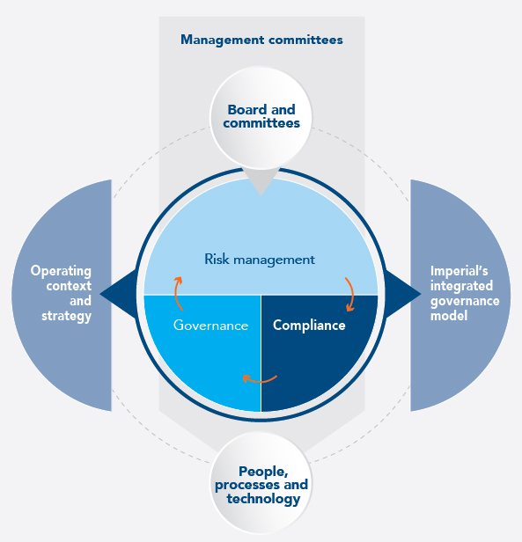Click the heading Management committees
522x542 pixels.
(x=261, y=40)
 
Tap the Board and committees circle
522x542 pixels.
(x=261, y=118)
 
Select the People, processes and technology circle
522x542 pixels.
(x=261, y=483)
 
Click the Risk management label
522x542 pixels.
(x=260, y=260)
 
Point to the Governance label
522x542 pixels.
(x=210, y=326)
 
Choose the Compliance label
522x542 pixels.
(x=309, y=326)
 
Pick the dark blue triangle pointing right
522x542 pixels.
(x=401, y=294)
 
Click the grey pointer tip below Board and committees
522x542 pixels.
(x=261, y=195)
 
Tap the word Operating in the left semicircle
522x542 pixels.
(x=61, y=271)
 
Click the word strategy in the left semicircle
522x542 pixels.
(x=66, y=316)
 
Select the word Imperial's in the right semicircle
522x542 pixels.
(x=459, y=271)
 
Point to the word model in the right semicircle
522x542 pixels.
(x=449, y=316)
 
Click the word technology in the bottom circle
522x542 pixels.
(x=263, y=499)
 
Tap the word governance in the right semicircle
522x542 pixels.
(x=465, y=301)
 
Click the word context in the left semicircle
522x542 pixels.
(x=69, y=286)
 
